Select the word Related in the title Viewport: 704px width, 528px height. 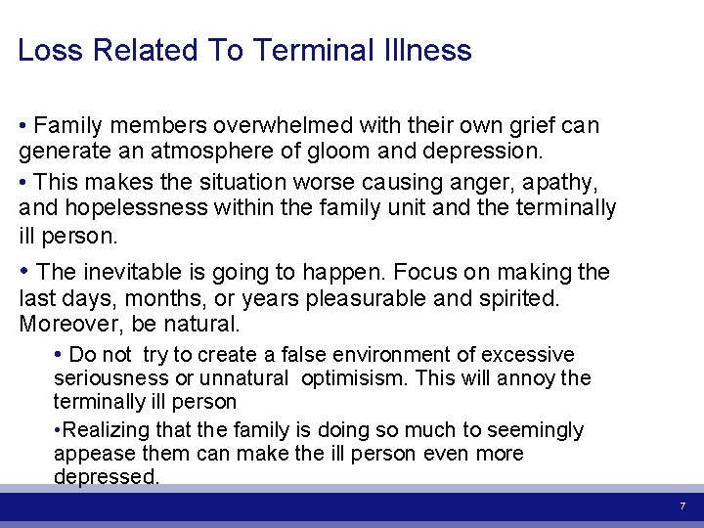point(148,51)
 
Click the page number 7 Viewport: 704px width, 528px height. point(682,506)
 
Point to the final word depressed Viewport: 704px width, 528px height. point(106,477)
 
